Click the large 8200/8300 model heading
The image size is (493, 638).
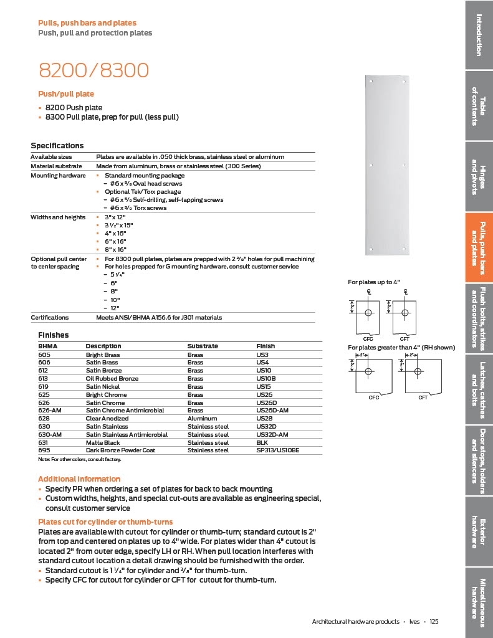coord(93,70)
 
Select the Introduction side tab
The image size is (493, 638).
coord(479,34)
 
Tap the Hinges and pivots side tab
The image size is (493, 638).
coord(479,176)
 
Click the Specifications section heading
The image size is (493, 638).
coord(57,146)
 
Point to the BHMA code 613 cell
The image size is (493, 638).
coord(44,379)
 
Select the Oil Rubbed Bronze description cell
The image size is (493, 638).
coord(112,379)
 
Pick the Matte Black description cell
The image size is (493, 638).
coord(103,442)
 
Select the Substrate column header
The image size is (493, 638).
coord(203,346)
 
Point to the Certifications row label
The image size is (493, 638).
coord(50,318)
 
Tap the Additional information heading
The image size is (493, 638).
coord(79,479)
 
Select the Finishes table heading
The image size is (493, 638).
coord(53,335)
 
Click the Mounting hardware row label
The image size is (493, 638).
coord(58,176)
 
